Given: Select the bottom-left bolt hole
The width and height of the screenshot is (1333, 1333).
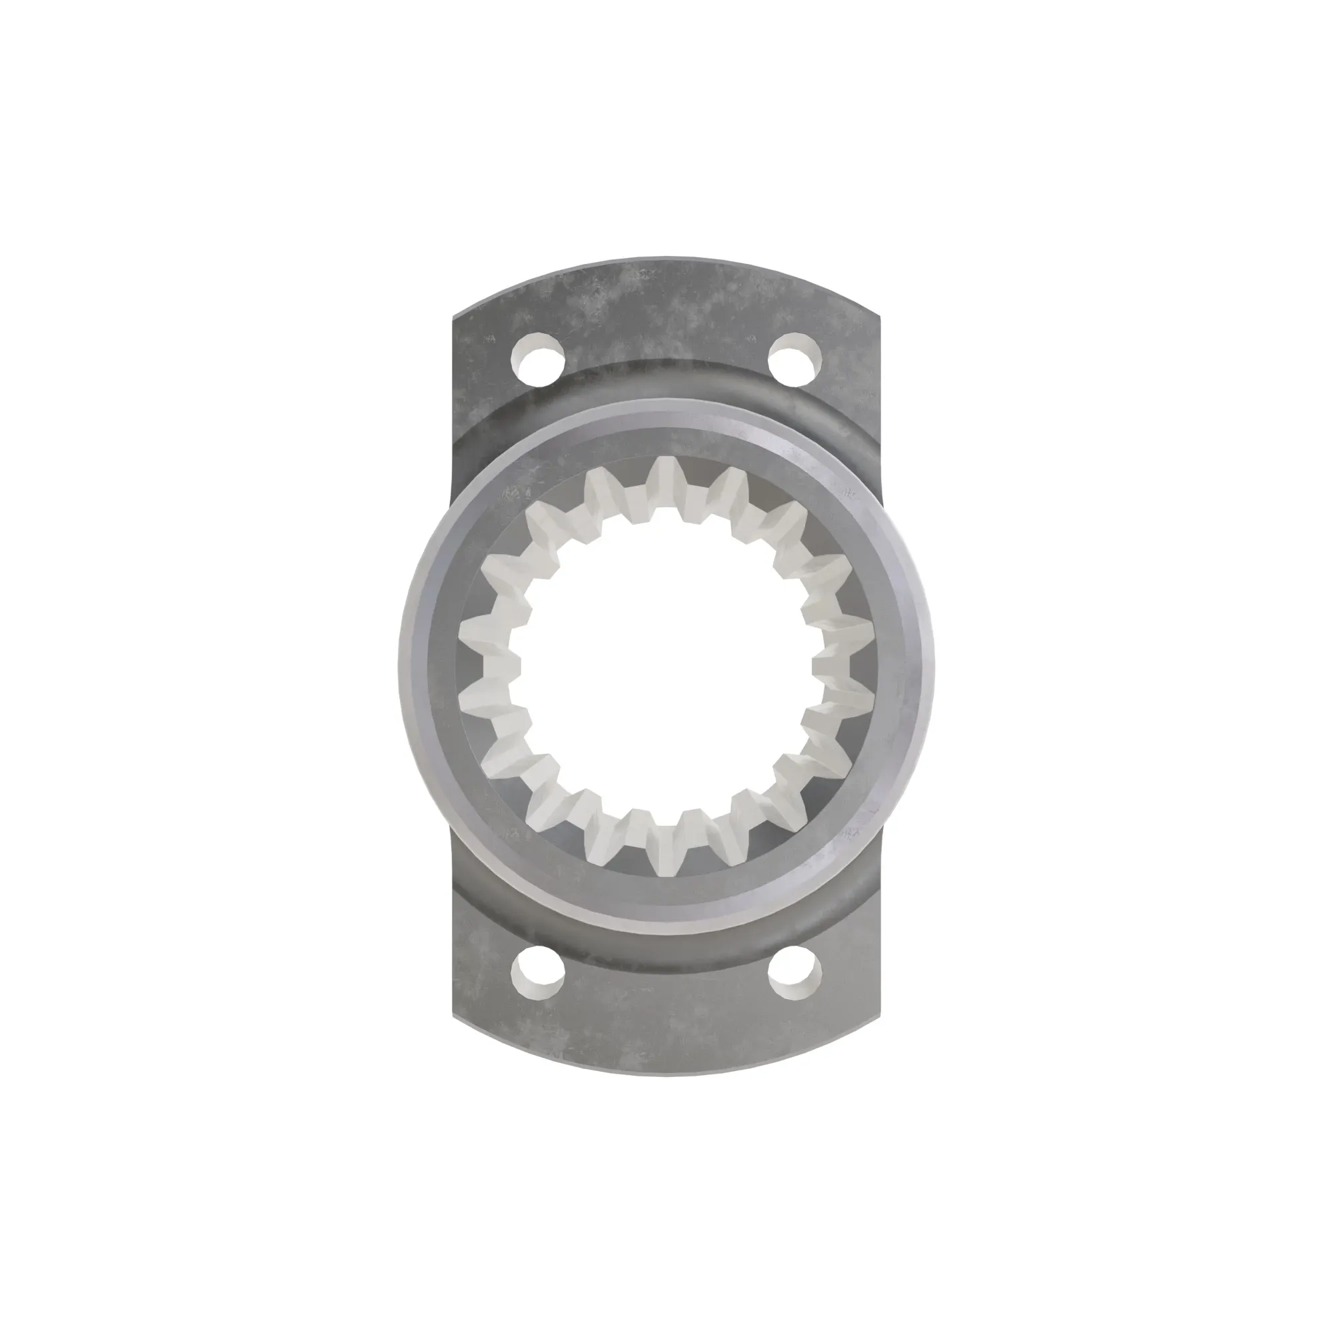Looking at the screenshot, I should click(x=537, y=974).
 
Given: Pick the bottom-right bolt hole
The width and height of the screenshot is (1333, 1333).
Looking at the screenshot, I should click(x=795, y=974).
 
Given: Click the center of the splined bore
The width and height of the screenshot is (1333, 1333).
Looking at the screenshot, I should click(x=666, y=666).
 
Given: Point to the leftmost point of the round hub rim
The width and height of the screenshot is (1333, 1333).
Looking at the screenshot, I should click(x=400, y=666).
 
